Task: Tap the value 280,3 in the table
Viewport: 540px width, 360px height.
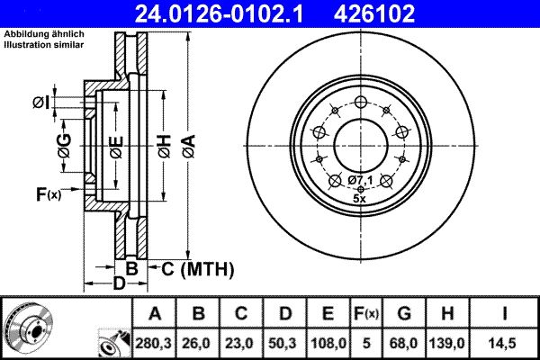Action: [155, 342]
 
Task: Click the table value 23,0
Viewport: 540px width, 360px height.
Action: [241, 342]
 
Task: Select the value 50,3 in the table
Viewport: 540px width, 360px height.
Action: [284, 342]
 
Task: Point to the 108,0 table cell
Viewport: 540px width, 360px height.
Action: [328, 342]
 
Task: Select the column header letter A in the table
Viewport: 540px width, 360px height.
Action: [155, 313]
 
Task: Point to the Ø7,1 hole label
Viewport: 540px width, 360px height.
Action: [361, 181]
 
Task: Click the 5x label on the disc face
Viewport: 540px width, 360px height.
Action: [360, 197]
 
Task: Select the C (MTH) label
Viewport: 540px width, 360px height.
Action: [198, 268]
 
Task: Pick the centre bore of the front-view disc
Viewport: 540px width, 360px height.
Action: [360, 144]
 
